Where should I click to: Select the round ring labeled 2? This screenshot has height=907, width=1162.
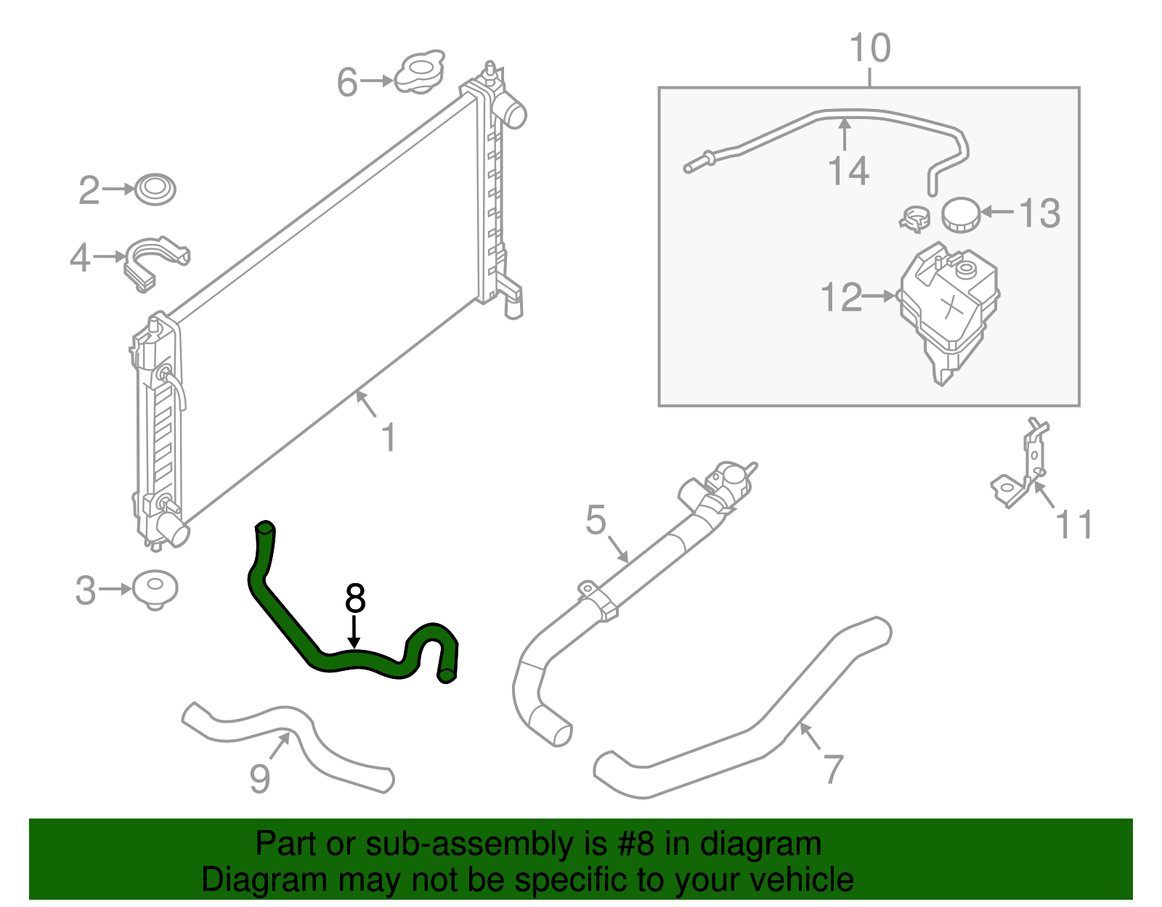coord(155,189)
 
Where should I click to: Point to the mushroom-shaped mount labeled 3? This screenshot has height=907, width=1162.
coord(155,588)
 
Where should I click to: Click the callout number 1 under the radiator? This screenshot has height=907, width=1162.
coord(389,438)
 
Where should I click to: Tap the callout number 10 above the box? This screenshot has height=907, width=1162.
coord(869,49)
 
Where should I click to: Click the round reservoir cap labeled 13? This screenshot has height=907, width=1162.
coord(961,214)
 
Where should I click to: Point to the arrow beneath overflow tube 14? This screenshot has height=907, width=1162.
coord(844,134)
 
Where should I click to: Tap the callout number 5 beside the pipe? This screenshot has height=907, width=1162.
coord(596,520)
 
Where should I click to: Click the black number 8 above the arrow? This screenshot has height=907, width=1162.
coord(355,598)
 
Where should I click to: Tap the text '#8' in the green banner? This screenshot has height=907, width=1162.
coord(636,845)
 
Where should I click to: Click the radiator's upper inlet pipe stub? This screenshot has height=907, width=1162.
coord(513,113)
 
